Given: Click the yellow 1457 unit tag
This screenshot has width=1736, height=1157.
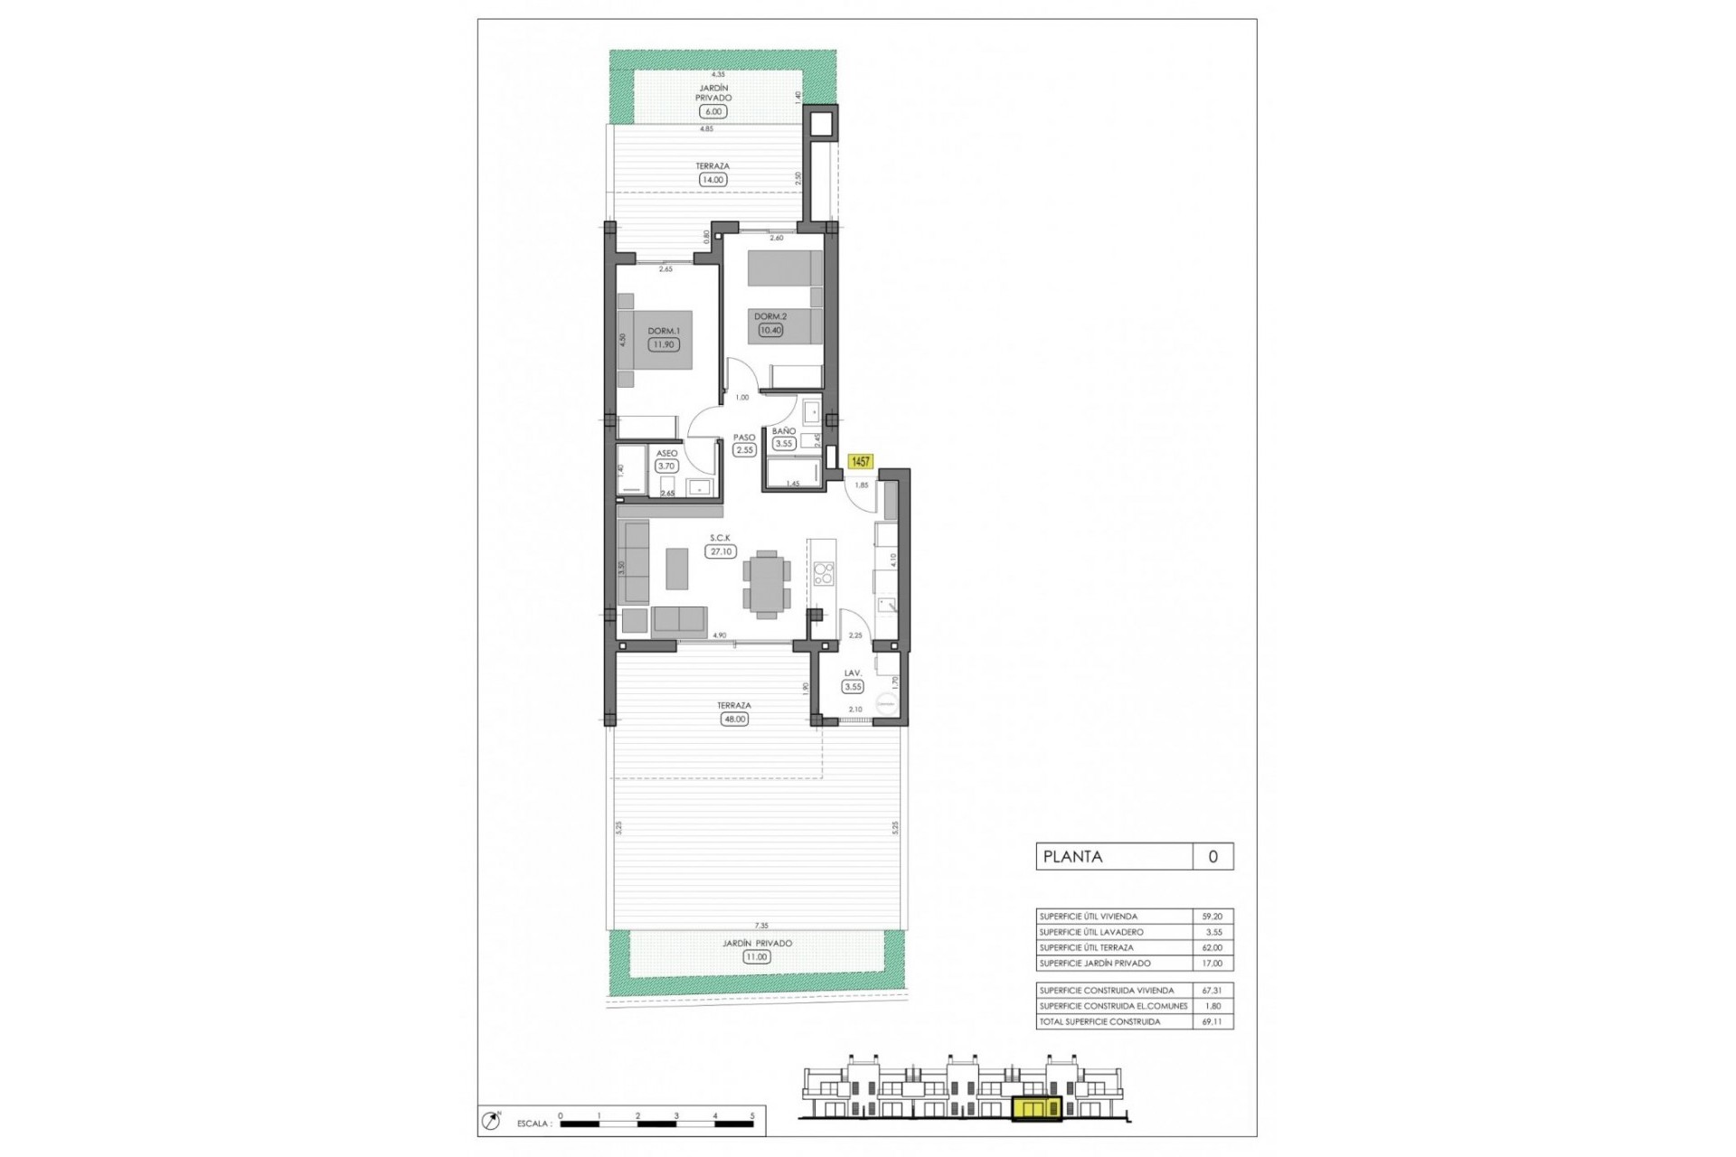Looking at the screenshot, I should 860,462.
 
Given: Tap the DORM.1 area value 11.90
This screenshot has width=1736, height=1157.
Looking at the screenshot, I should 663,344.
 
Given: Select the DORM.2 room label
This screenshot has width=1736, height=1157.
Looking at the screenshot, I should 770,316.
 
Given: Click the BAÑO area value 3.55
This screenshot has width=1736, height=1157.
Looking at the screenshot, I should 783,444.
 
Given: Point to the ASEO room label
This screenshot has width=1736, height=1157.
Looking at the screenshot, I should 666,454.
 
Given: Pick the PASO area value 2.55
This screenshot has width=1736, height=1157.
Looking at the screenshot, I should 744,450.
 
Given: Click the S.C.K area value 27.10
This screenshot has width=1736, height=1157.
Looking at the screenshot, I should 721,551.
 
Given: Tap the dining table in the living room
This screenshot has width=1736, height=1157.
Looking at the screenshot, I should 767,584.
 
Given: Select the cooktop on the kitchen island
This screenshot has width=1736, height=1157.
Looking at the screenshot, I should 824,573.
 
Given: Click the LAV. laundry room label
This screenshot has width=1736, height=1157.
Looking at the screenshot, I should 853,673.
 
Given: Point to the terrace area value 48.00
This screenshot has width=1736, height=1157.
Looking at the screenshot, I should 734,720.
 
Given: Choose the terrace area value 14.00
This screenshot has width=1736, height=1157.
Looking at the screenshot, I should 712,180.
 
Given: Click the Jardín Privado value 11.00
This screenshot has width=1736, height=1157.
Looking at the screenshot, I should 757,957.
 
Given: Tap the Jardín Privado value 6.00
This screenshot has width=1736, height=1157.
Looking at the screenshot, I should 713,112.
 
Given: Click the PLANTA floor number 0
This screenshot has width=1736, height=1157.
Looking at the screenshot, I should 1212,857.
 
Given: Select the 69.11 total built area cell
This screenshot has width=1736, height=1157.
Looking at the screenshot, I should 1212,1022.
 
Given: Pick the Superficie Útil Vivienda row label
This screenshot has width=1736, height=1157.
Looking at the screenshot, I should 1089,917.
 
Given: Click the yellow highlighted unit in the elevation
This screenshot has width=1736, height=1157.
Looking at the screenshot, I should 1037,1108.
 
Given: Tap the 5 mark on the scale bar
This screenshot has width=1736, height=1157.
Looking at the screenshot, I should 752,1117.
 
